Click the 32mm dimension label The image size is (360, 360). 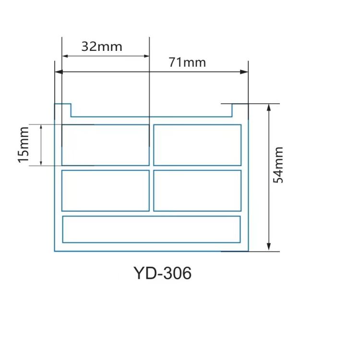click(102, 47)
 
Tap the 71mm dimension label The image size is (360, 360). click(187, 62)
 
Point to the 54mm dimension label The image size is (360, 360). click(278, 165)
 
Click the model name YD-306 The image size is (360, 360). click(163, 273)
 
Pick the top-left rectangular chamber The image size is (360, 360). click(105, 145)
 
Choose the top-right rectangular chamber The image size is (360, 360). click(197, 145)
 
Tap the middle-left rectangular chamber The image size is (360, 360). click(105, 191)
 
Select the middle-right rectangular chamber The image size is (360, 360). click(197, 191)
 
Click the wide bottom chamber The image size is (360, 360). click(151, 229)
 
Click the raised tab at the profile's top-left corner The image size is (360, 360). click(63, 110)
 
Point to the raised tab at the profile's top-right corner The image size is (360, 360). click(240, 110)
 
